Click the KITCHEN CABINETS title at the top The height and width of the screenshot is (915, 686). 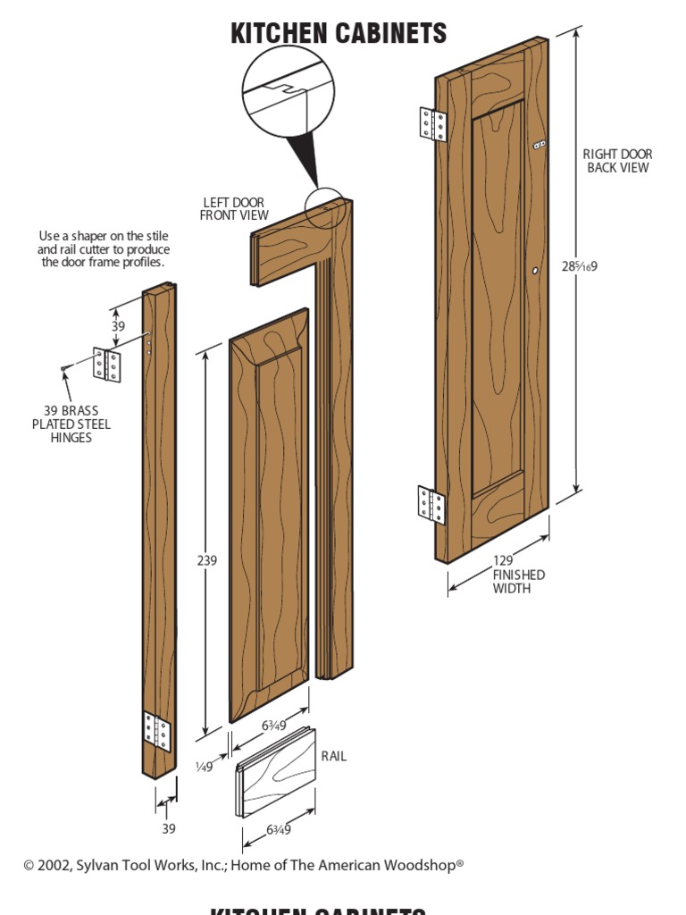[x=339, y=34]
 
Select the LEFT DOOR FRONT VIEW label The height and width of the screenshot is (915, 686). [x=233, y=209]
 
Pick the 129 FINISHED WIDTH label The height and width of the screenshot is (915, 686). [x=518, y=575]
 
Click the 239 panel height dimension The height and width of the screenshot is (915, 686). [x=206, y=560]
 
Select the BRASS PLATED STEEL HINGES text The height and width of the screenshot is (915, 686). [x=71, y=424]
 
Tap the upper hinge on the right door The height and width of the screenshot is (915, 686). [x=432, y=124]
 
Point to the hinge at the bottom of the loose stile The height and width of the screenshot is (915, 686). [x=156, y=731]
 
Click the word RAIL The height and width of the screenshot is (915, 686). [x=334, y=756]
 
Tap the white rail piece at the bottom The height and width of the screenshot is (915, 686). [x=276, y=772]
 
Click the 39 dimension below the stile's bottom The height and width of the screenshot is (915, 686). [x=169, y=828]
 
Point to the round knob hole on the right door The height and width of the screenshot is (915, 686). [x=535, y=270]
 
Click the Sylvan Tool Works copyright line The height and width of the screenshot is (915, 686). [x=243, y=865]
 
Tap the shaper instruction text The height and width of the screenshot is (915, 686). [x=104, y=249]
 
